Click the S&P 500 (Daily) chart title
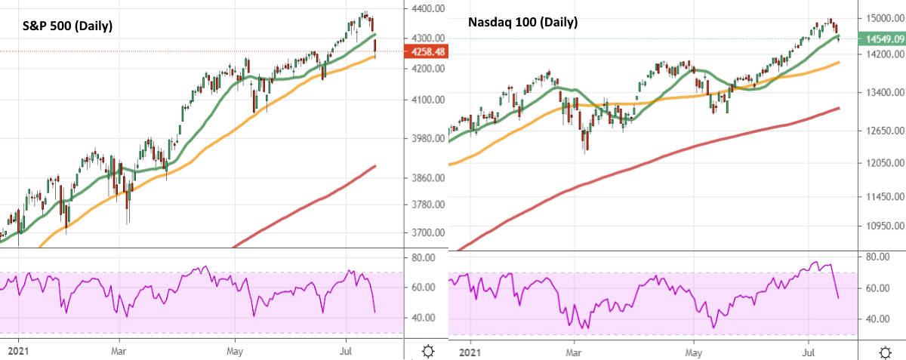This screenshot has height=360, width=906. (66, 26)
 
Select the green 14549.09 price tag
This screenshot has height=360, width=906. (884, 37)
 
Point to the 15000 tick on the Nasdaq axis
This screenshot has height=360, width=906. (880, 17)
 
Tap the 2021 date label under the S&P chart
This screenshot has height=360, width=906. (13, 351)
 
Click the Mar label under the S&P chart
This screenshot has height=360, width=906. (118, 351)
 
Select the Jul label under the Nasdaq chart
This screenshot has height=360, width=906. (810, 351)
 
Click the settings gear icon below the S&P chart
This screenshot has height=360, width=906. (428, 351)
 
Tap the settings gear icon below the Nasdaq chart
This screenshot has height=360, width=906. (884, 351)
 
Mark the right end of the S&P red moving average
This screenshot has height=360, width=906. (376, 165)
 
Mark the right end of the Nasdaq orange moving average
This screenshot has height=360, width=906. (840, 63)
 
